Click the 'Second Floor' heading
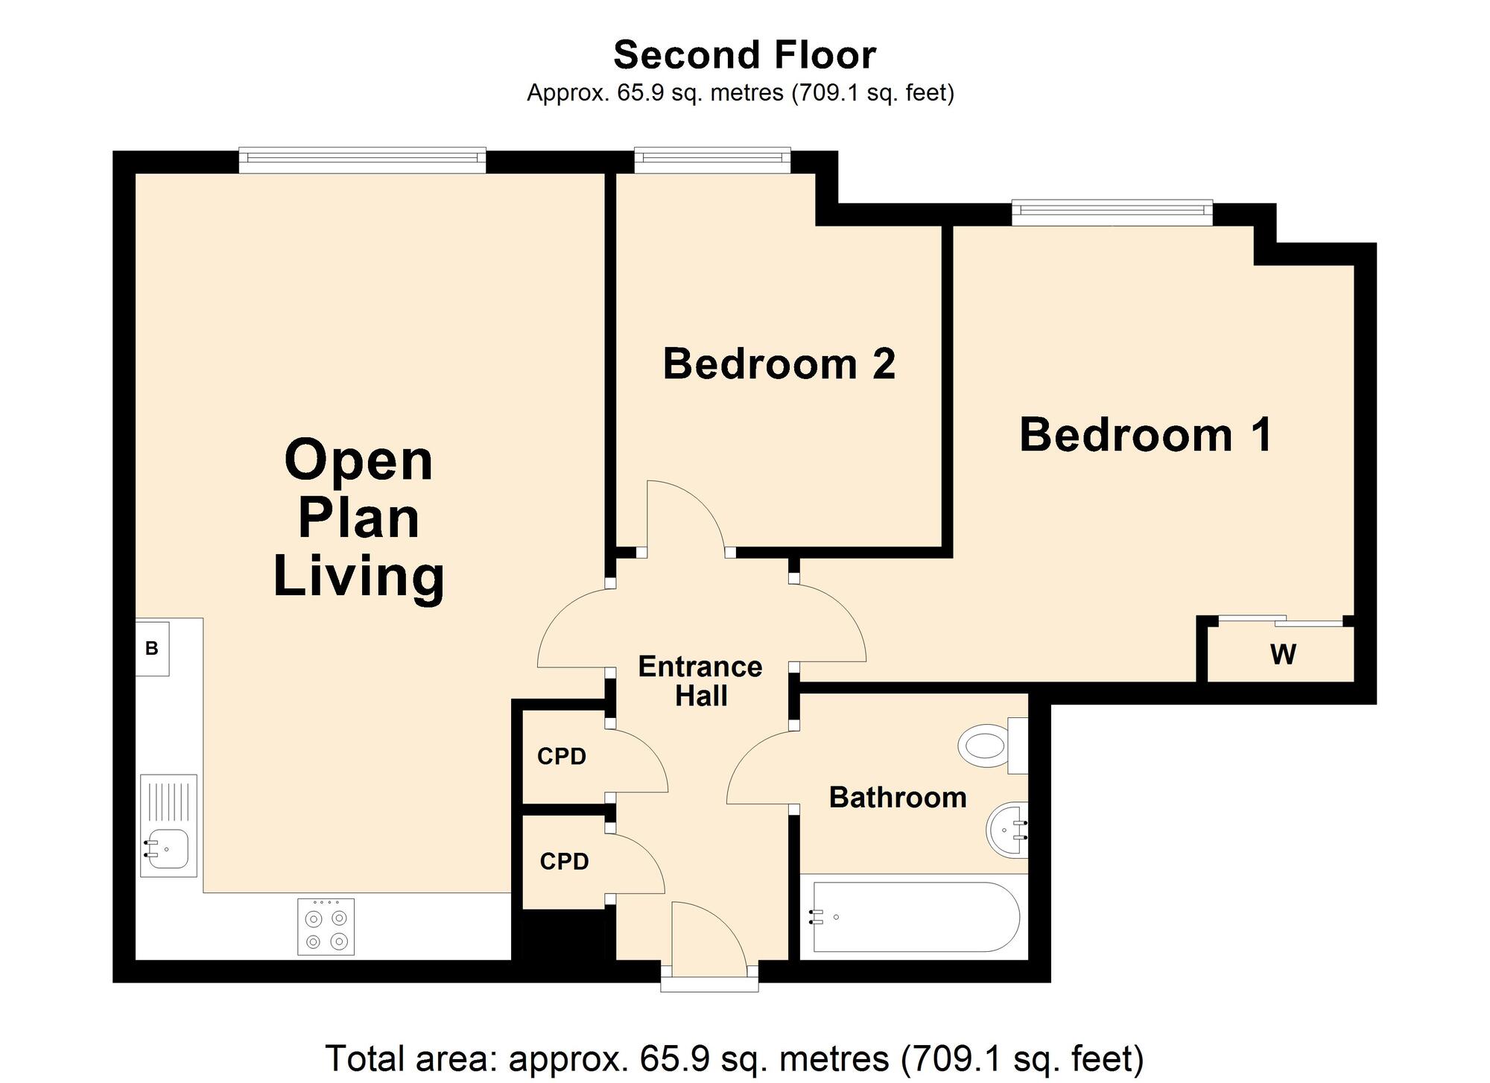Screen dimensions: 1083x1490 (x=744, y=55)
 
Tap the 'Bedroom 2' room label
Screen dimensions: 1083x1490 (x=779, y=364)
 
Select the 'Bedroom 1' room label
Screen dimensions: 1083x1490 (x=1145, y=435)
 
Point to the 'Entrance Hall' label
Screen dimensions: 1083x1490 (x=700, y=681)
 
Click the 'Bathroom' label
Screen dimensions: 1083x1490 (x=898, y=798)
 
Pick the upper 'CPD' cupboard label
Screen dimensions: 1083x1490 (x=562, y=757)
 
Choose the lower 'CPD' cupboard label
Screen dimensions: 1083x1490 (x=564, y=862)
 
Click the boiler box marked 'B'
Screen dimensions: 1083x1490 (x=152, y=648)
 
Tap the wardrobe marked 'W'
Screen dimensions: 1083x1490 (x=1283, y=654)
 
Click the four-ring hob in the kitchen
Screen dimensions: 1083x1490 (x=326, y=927)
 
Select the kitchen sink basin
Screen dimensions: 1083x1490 (x=167, y=849)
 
